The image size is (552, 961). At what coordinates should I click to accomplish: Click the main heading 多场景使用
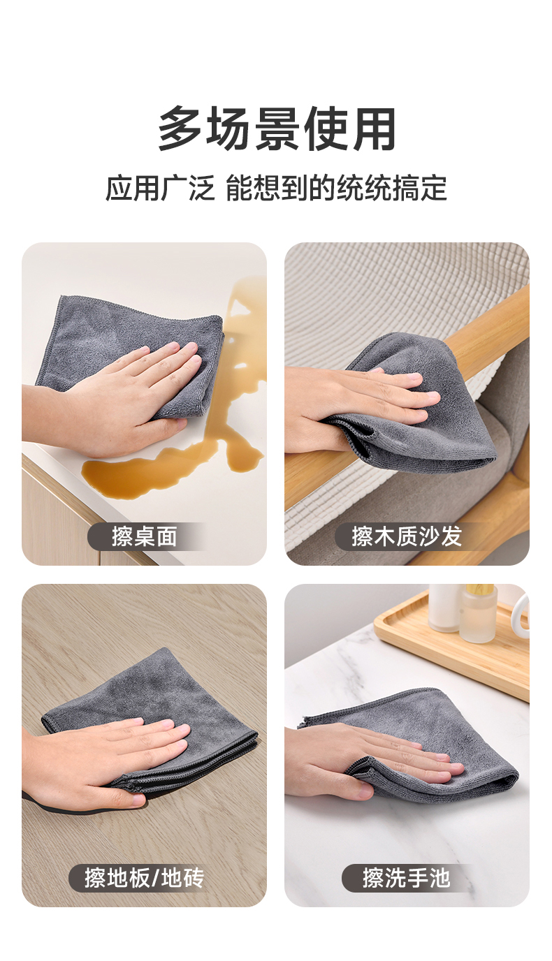[277, 129]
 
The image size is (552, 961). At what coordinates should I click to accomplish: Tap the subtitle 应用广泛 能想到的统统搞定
[277, 188]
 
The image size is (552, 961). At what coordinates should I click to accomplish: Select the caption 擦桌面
[145, 536]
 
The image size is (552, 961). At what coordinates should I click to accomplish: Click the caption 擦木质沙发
[407, 536]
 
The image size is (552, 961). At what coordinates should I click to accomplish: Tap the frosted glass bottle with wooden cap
[479, 612]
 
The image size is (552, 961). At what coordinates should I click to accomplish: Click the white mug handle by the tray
[521, 610]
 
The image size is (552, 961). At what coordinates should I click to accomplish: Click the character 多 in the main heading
[180, 129]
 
